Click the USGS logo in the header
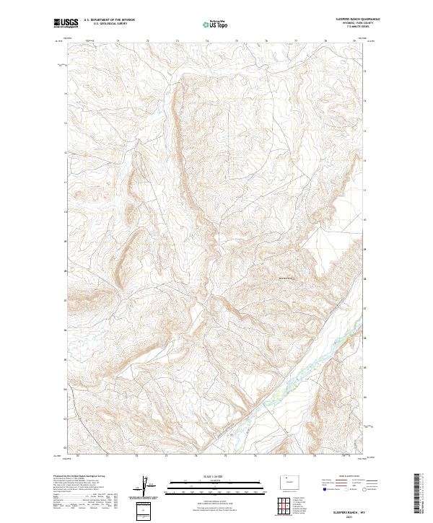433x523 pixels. pyautogui.click(x=67, y=23)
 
